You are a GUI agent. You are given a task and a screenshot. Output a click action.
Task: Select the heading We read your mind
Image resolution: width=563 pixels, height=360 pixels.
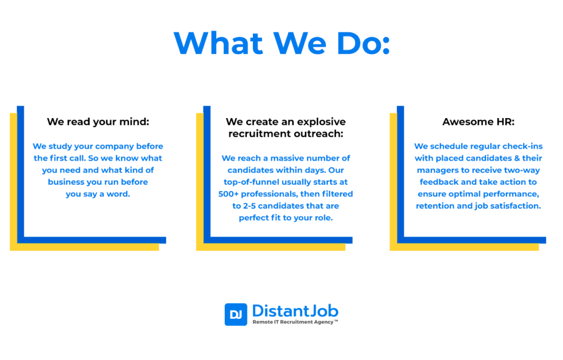98,122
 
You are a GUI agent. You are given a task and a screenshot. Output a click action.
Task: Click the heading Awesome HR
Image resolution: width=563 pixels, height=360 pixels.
478,121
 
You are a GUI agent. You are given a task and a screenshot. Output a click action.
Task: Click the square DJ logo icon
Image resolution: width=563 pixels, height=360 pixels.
236,314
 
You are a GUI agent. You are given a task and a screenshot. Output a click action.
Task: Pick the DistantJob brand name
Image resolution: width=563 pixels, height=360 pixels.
295,311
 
